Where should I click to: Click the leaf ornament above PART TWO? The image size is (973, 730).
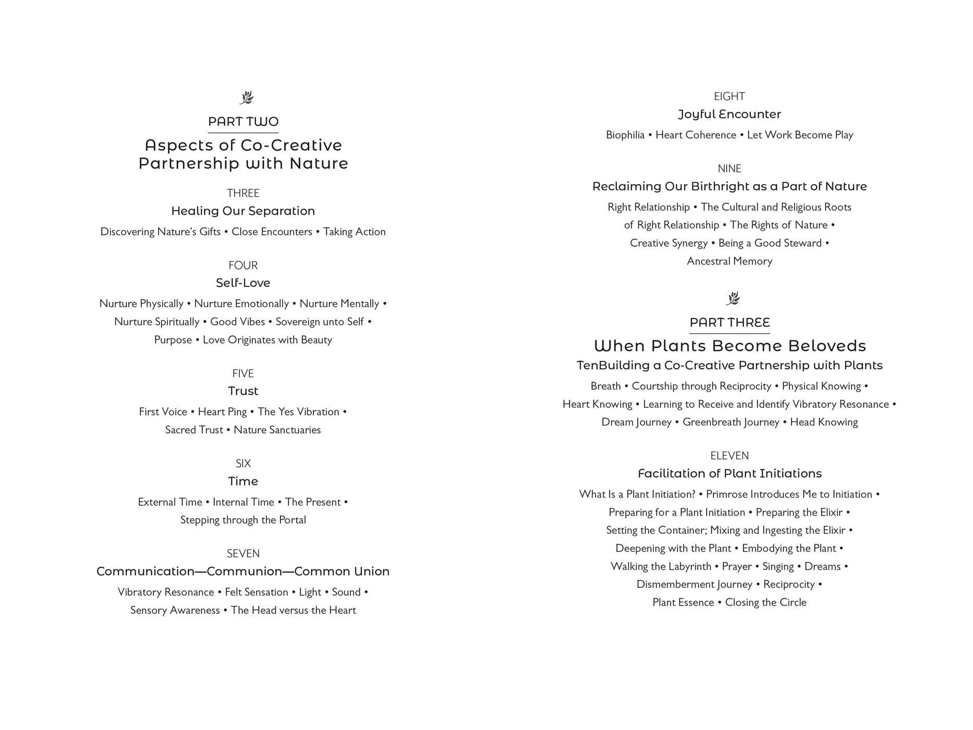coord(246,98)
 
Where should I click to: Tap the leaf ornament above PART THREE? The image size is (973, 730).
coord(733,298)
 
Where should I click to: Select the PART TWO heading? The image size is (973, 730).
coord(243,122)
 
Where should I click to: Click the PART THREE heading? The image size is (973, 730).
coord(729,323)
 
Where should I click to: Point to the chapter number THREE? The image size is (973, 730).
coord(243,193)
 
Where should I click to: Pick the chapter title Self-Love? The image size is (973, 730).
coord(243,283)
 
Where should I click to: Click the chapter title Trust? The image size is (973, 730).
coord(243,391)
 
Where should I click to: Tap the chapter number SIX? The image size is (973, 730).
coord(243,464)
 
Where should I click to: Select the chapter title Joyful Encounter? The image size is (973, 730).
coord(729,114)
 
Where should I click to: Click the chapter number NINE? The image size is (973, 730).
coord(729,168)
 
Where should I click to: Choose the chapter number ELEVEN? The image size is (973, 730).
coord(729,456)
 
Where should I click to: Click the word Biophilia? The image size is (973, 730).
coord(625,135)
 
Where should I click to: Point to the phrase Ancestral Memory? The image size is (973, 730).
coord(729,261)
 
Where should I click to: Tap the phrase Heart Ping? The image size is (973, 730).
coord(222,412)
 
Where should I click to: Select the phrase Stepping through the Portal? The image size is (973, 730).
coord(243,520)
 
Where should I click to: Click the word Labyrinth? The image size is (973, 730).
coord(688,566)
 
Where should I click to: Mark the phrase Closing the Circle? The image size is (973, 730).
coord(765,602)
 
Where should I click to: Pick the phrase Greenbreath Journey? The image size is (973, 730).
coord(731,422)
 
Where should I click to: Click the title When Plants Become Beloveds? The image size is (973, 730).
coord(729,346)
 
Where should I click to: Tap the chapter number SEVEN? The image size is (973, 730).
coord(243,553)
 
